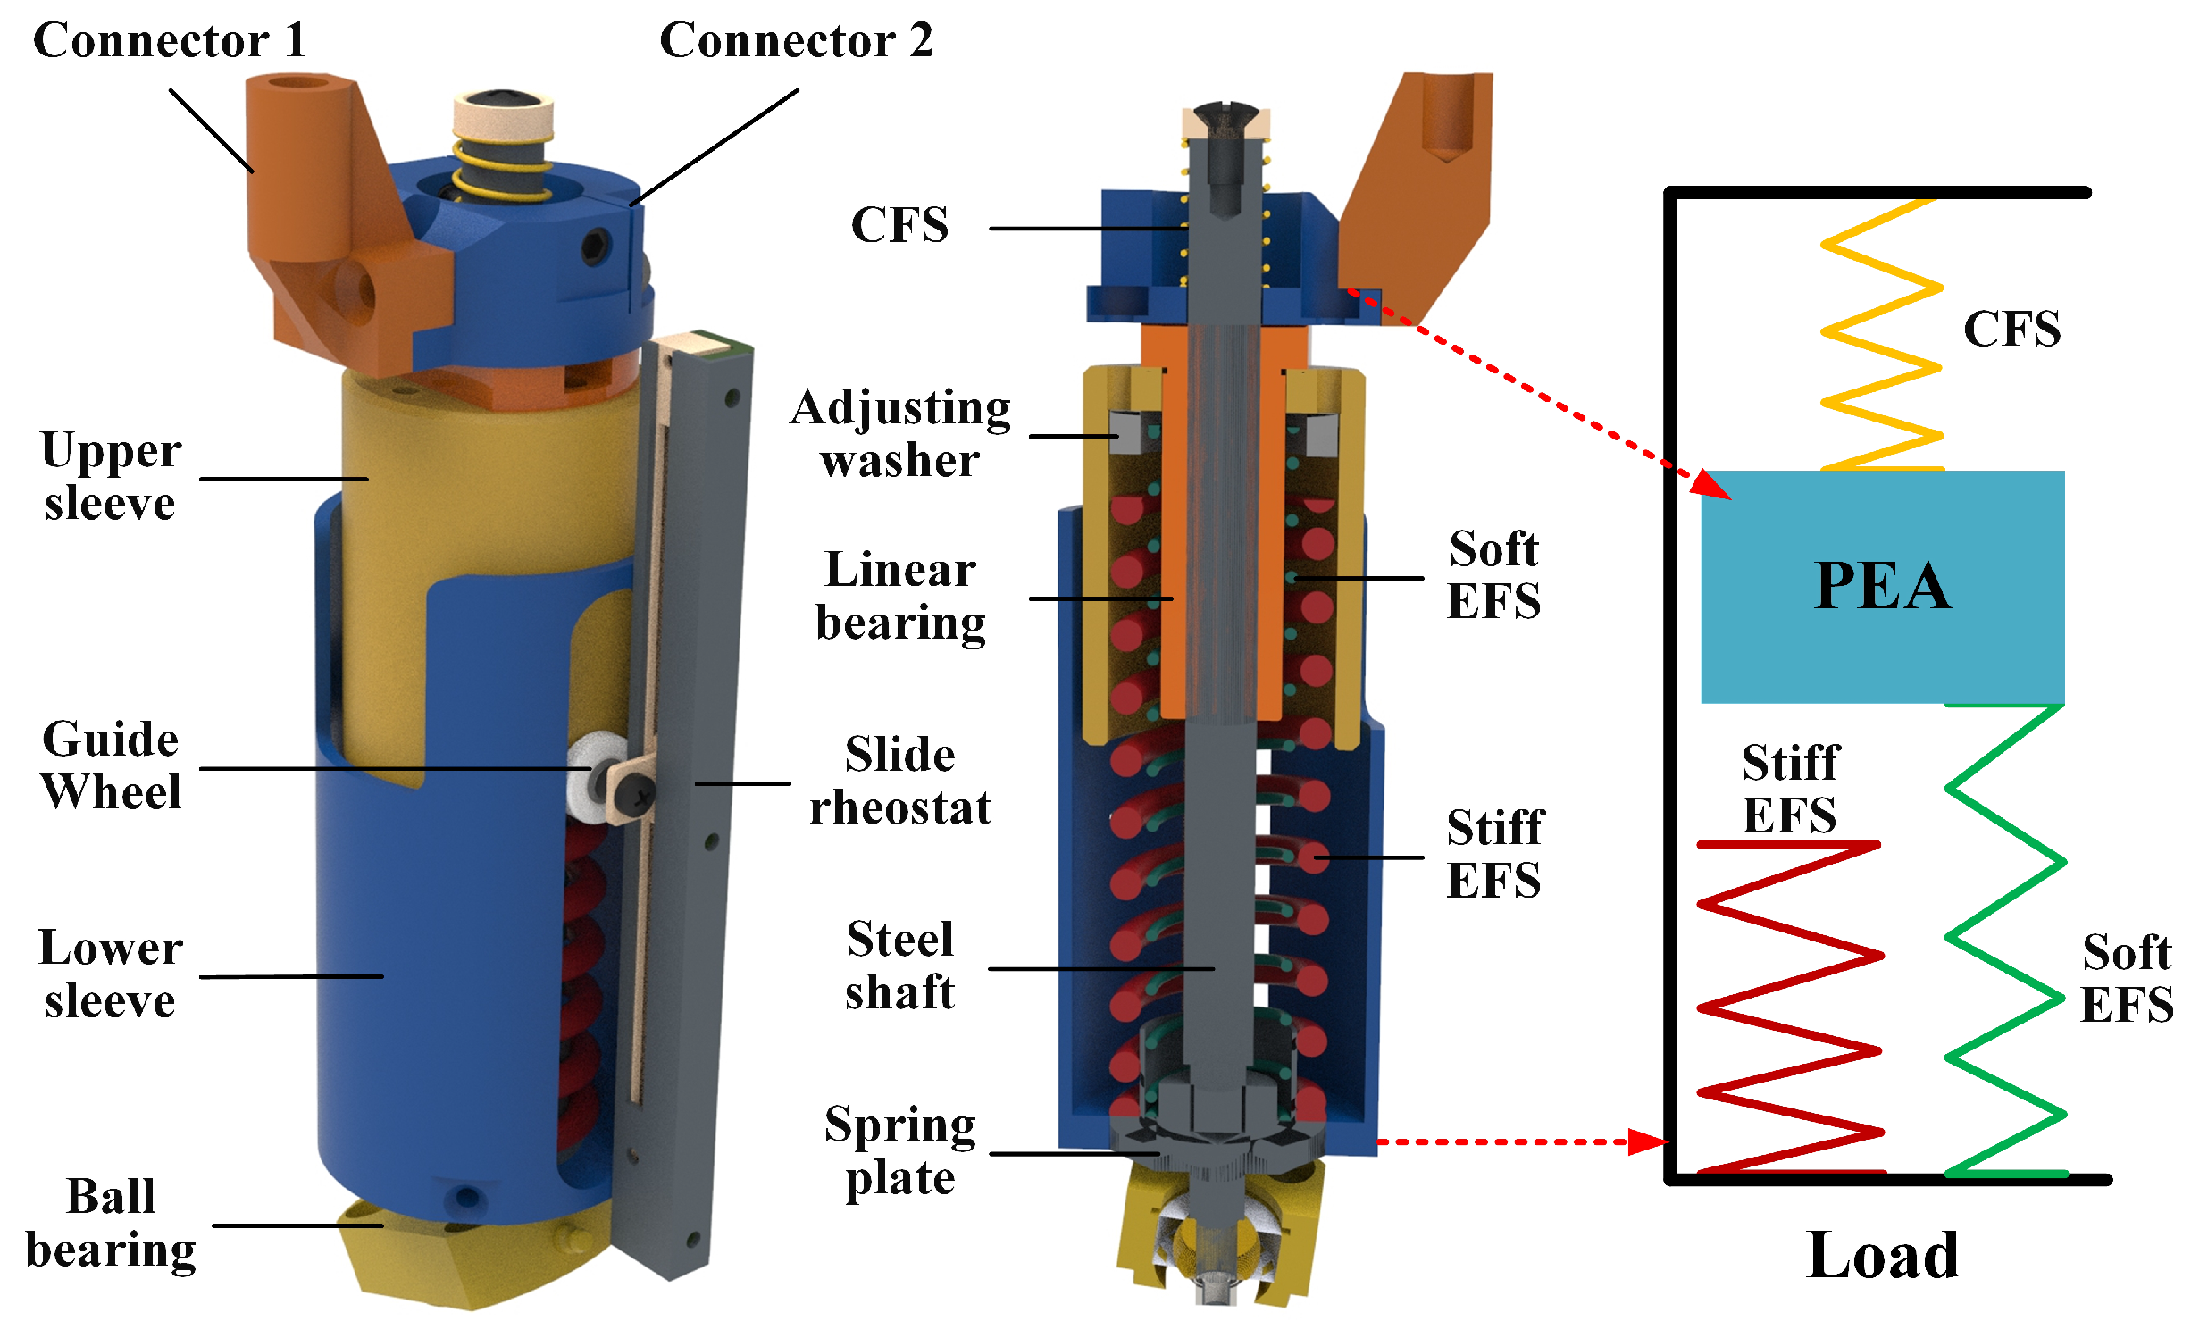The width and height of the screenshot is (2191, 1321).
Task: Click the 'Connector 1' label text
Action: [x=170, y=41]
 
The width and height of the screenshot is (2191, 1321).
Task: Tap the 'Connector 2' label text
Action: [x=796, y=41]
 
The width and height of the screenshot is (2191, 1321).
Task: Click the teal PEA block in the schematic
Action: [x=1882, y=587]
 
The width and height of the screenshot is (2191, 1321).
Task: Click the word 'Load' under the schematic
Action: [x=1882, y=1255]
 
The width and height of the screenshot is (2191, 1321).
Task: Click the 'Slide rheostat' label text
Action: [x=899, y=782]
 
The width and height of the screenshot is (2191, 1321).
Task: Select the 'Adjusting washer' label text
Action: [x=899, y=434]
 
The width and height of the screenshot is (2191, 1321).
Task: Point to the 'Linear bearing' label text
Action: [x=899, y=597]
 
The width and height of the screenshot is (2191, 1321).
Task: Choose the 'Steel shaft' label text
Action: [x=899, y=966]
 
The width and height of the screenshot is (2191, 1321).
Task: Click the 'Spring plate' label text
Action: [x=899, y=1151]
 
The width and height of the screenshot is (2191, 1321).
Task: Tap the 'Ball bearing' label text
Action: [x=111, y=1224]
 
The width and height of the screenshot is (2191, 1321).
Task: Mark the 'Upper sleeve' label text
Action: [x=111, y=477]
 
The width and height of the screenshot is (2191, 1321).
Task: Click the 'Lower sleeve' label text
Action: [x=111, y=974]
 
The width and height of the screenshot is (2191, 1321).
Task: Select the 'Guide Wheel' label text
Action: [x=111, y=766]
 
